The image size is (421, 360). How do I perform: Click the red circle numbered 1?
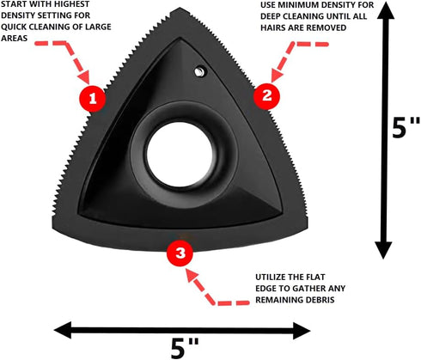(x=93, y=99)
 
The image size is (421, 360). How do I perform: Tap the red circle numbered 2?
(x=266, y=95)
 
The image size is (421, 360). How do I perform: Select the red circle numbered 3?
(x=180, y=253)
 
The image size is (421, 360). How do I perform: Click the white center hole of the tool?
(x=180, y=154)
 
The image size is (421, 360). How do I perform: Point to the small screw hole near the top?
(x=199, y=71)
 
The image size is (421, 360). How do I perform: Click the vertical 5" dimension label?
(x=406, y=128)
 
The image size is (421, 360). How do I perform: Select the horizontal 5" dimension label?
(x=185, y=348)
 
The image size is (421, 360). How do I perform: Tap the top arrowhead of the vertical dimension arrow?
(x=386, y=10)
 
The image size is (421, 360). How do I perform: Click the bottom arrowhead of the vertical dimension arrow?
(x=383, y=250)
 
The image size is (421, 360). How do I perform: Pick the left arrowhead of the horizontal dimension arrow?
(x=63, y=330)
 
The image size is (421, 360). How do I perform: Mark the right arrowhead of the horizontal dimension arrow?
(x=302, y=331)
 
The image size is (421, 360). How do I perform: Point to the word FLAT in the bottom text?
(x=315, y=277)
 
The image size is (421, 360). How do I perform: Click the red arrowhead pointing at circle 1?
(x=84, y=76)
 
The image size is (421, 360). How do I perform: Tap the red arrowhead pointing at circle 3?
(x=192, y=275)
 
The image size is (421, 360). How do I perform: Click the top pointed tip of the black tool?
(x=180, y=9)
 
